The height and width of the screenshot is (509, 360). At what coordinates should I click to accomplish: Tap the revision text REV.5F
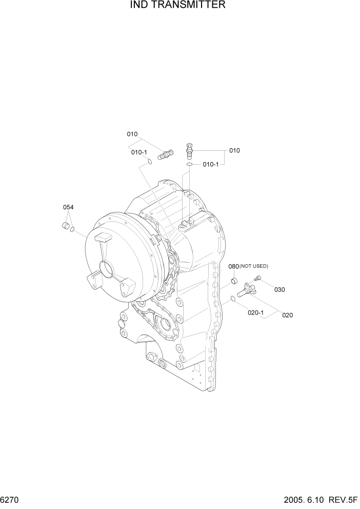click(x=342, y=500)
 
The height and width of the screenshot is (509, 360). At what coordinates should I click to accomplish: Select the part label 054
click(x=68, y=207)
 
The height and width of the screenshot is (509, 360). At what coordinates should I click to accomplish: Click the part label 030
click(x=279, y=289)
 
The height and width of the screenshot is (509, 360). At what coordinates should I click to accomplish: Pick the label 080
click(x=233, y=266)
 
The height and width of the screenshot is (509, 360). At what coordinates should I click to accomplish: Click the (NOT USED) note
click(x=254, y=266)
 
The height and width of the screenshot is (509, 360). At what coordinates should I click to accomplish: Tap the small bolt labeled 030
click(x=257, y=278)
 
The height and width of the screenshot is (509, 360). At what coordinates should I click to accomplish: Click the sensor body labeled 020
click(x=247, y=290)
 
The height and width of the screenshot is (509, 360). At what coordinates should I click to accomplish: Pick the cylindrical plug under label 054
click(x=66, y=226)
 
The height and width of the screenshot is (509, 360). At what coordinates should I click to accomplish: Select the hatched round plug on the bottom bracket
click(x=163, y=365)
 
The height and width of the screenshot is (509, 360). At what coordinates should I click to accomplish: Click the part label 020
click(x=287, y=315)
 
